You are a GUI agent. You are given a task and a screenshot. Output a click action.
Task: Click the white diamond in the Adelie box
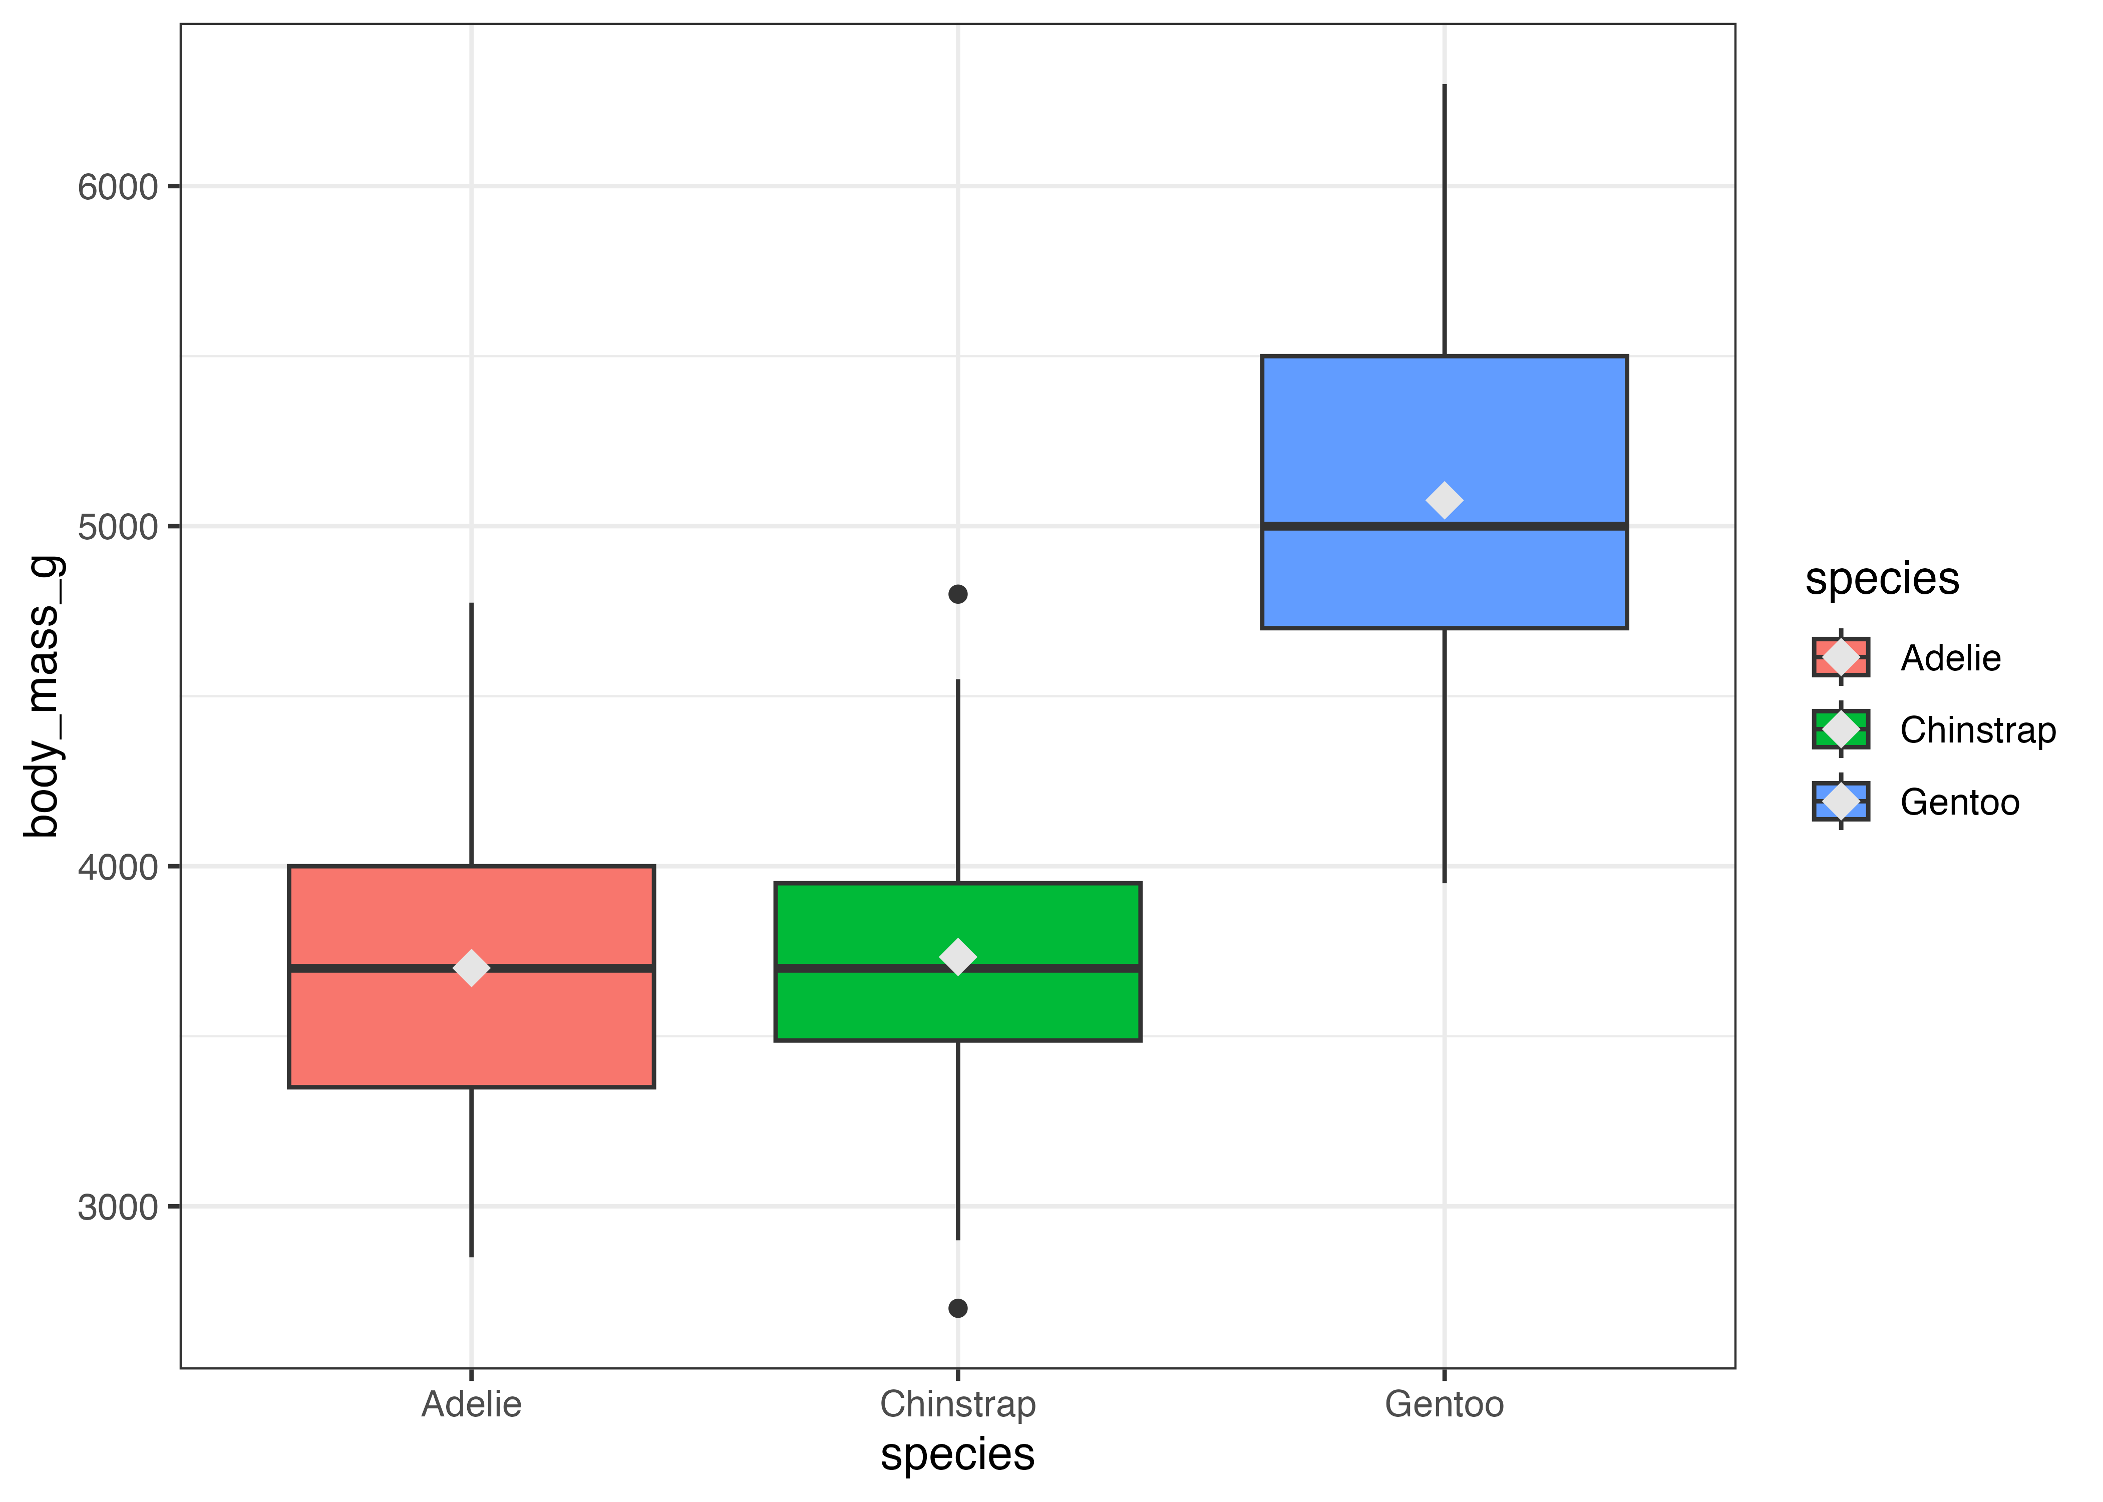(x=472, y=967)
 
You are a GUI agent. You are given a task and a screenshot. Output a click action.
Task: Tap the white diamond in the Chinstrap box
(x=957, y=956)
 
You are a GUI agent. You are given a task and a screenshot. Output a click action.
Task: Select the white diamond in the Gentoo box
(x=1444, y=500)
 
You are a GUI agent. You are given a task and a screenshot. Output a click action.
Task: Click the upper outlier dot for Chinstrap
(x=958, y=594)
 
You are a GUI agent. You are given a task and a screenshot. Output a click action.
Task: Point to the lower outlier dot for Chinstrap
(x=958, y=1308)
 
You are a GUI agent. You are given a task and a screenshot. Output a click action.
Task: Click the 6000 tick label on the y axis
(x=118, y=187)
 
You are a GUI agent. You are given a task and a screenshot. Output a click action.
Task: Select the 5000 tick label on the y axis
(x=118, y=527)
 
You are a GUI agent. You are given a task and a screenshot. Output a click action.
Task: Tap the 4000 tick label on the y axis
(x=118, y=868)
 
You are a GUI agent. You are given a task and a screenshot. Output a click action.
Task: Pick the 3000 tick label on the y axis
(x=118, y=1207)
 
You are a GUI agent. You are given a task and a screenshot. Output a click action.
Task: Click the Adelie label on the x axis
(x=472, y=1404)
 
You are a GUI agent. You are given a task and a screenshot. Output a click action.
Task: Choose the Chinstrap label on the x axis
(x=957, y=1404)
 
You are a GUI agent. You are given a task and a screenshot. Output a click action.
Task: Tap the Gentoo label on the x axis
(x=1444, y=1404)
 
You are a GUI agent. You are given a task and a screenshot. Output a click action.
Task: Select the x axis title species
(x=957, y=1454)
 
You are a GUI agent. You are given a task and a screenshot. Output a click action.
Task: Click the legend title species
(x=1882, y=579)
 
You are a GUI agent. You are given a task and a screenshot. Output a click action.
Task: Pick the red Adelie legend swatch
(x=1840, y=657)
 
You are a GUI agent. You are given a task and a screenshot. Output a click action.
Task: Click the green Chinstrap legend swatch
(x=1840, y=729)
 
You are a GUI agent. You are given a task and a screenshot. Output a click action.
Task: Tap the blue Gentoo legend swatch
(x=1840, y=801)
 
